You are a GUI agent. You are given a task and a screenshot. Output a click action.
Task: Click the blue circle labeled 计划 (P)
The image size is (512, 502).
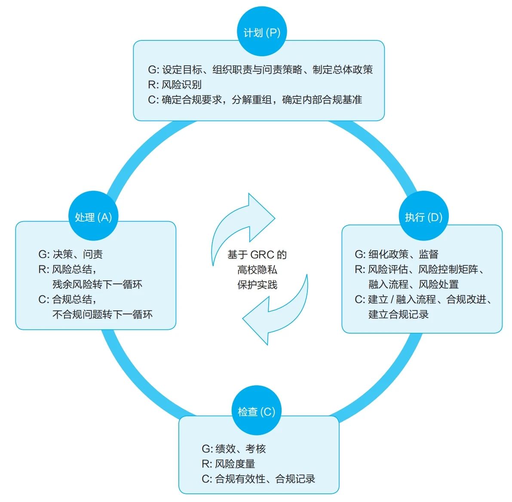tap(262, 31)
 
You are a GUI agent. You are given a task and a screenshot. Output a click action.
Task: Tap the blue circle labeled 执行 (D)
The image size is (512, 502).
tap(423, 216)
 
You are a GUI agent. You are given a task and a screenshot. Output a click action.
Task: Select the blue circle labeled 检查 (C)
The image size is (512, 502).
tap(256, 411)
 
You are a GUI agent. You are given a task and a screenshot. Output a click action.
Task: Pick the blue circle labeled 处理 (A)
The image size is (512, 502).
tap(93, 216)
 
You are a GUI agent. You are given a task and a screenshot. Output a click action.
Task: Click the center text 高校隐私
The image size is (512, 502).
tap(257, 270)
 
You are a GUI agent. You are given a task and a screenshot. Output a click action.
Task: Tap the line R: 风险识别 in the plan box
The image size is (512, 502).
tap(175, 85)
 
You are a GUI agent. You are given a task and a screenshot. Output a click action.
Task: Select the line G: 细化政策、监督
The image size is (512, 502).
tap(396, 254)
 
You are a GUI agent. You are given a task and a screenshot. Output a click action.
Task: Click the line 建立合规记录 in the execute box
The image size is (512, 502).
tap(398, 314)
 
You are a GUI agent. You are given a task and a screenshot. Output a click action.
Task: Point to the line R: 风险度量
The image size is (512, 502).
tap(228, 464)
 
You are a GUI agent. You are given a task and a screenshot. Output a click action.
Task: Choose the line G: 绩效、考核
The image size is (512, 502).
tap(233, 449)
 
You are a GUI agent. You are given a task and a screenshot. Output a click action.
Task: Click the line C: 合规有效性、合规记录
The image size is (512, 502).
tap(258, 479)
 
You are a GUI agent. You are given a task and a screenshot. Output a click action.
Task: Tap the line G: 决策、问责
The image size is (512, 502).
tap(71, 254)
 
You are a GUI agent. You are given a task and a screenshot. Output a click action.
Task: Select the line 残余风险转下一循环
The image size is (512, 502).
tap(97, 284)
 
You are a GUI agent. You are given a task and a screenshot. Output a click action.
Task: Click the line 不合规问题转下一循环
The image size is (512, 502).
tap(102, 314)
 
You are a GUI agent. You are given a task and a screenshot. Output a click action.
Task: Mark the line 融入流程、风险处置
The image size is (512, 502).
tap(413, 284)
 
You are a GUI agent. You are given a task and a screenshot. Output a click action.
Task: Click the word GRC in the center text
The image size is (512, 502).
tap(262, 255)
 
